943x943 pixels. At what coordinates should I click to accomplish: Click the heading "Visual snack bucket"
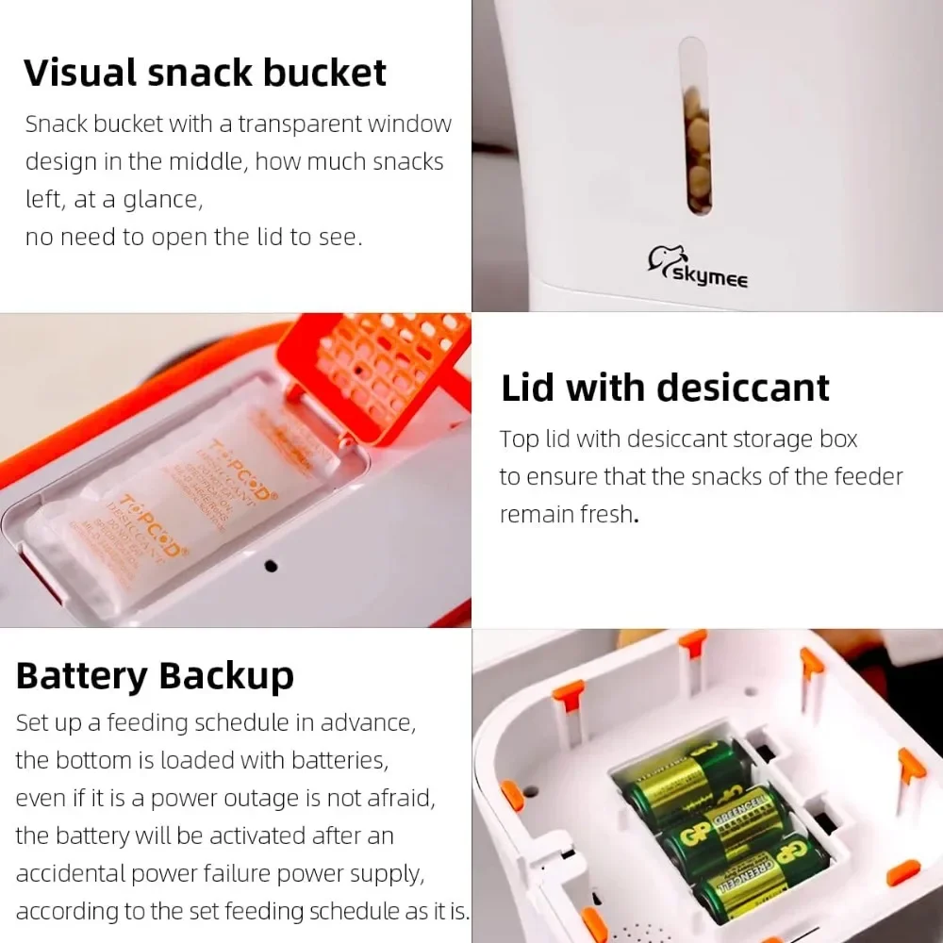pyautogui.click(x=205, y=74)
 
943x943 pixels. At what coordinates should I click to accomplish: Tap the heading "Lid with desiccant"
pyautogui.click(x=665, y=389)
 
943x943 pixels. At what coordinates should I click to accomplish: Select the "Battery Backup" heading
pyautogui.click(x=155, y=676)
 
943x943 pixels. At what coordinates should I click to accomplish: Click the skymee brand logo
pyautogui.click(x=697, y=266)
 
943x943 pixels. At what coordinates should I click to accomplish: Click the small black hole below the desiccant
pyautogui.click(x=271, y=566)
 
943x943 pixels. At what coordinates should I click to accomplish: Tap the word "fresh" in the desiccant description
pyautogui.click(x=604, y=515)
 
